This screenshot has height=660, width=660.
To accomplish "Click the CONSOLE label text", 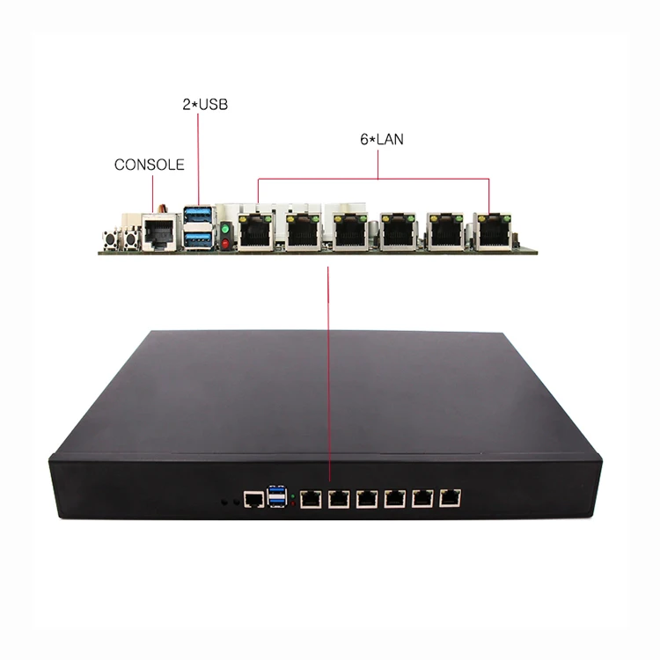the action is point(149,165).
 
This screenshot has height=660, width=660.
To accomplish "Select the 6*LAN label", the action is point(379,138).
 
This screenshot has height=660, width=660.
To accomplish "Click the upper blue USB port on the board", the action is point(197,216).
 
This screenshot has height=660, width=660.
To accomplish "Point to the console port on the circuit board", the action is point(159,231).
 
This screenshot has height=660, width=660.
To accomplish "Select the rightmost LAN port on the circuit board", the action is point(492,231).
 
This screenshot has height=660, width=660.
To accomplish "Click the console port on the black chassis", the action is point(253,501).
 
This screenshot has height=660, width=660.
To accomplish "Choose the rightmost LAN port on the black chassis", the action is point(451,497).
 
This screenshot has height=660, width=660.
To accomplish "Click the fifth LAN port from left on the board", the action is point(445,231).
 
